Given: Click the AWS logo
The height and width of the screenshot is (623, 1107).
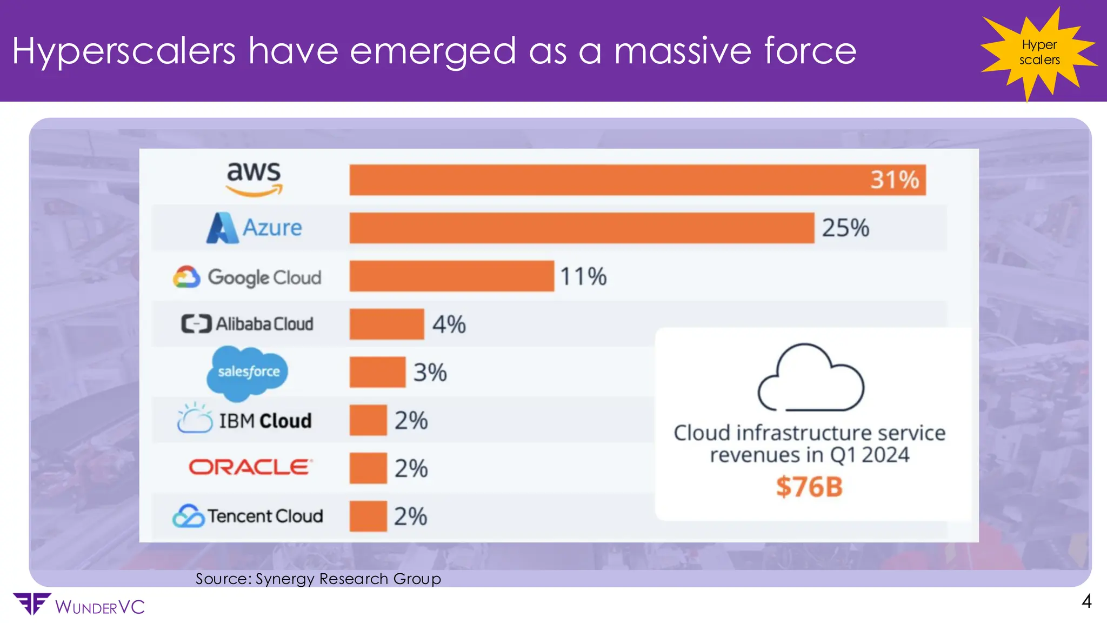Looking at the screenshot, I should click(254, 178).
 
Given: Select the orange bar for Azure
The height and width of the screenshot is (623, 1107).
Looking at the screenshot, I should click(582, 228).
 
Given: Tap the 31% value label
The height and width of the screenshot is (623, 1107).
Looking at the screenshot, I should click(895, 180).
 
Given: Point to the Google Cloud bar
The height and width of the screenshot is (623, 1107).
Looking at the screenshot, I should click(451, 276).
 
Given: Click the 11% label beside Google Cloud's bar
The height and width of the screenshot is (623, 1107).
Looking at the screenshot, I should click(583, 276).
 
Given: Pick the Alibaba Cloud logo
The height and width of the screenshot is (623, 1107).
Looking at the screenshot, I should click(248, 324).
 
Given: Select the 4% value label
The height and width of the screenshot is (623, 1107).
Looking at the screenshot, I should click(449, 324).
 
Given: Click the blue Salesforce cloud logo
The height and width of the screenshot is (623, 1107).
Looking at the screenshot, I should click(248, 372).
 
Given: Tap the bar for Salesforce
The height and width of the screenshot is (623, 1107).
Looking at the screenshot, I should click(377, 372).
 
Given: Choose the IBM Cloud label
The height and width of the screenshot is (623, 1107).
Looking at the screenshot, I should click(245, 420).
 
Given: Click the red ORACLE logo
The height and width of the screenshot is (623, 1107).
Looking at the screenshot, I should click(250, 467).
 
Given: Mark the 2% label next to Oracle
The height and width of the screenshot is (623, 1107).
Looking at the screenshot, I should click(411, 468).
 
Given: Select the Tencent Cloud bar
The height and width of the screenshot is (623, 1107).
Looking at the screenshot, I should click(368, 516).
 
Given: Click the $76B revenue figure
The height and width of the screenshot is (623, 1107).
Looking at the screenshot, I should click(809, 487).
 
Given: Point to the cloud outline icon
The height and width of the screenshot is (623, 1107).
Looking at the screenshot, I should click(810, 378).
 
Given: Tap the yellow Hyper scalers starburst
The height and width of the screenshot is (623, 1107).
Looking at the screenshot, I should click(1039, 52).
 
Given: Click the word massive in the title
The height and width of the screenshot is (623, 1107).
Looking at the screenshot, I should click(683, 51).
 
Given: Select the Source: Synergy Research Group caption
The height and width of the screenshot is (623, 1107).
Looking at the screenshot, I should click(318, 579).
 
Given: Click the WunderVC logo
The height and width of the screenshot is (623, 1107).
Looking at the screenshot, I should click(79, 605).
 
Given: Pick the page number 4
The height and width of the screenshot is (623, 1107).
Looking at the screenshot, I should click(1086, 601).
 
